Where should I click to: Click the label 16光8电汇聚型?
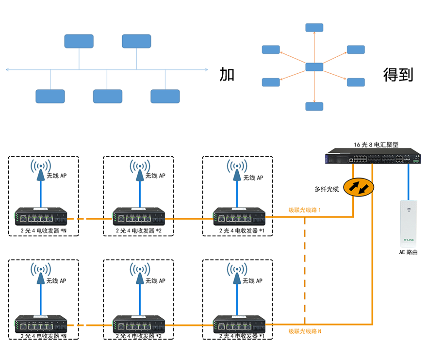pyautogui.click(x=376, y=145)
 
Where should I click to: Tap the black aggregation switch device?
pyautogui.click(x=373, y=158)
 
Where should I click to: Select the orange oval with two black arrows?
pyautogui.click(x=359, y=188)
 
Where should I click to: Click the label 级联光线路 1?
pyautogui.click(x=305, y=210)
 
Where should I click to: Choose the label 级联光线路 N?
pyautogui.click(x=305, y=331)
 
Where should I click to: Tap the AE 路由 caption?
pyautogui.click(x=408, y=252)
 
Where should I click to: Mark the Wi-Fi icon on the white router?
pyautogui.click(x=409, y=210)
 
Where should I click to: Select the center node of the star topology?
pyautogui.click(x=314, y=67)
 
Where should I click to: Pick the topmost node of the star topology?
pyautogui.click(x=314, y=28)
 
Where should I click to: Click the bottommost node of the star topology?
pyautogui.click(x=314, y=106)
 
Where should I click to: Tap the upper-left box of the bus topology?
pyautogui.click(x=79, y=41)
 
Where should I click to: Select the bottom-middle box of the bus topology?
pyautogui.click(x=108, y=96)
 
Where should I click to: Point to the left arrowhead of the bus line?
pyautogui.click(x=7, y=70)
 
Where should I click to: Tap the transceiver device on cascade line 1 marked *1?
pyautogui.click(x=239, y=217)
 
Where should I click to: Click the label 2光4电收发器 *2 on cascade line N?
pyautogui.click(x=138, y=336)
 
